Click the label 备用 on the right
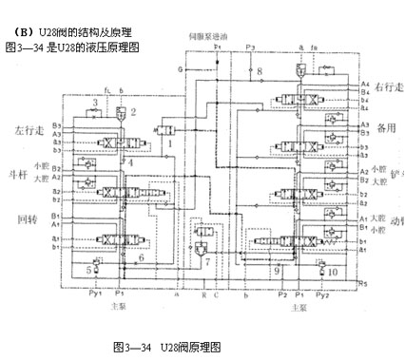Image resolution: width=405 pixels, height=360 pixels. [385, 133]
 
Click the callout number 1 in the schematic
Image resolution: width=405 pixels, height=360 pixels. [170, 142]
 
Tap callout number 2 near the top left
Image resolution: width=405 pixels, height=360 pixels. [134, 112]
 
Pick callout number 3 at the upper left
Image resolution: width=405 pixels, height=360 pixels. [95, 102]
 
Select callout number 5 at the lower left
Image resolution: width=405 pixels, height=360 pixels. [90, 270]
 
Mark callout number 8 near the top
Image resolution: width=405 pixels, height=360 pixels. [259, 71]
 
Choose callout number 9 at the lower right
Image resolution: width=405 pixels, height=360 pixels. [277, 270]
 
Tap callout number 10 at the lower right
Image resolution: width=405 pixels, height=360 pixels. [333, 271]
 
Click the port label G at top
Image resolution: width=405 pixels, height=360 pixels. [180, 69]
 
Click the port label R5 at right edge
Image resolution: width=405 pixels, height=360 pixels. [363, 283]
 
